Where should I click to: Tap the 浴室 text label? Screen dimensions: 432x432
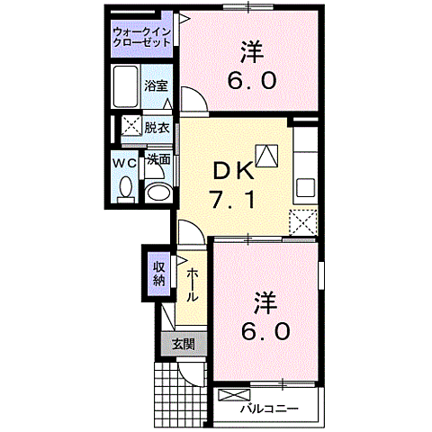[156, 86]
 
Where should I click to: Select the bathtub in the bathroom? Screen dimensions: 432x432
[127, 86]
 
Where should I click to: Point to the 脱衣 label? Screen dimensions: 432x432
[157, 127]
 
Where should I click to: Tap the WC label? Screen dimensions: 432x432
[124, 163]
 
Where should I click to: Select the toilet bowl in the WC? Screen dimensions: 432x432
[125, 188]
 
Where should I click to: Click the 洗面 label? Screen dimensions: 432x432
[158, 159]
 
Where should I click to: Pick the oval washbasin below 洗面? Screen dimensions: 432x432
[158, 191]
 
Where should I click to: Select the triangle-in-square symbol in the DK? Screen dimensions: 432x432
[267, 155]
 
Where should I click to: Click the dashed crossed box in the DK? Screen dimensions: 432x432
[303, 221]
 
